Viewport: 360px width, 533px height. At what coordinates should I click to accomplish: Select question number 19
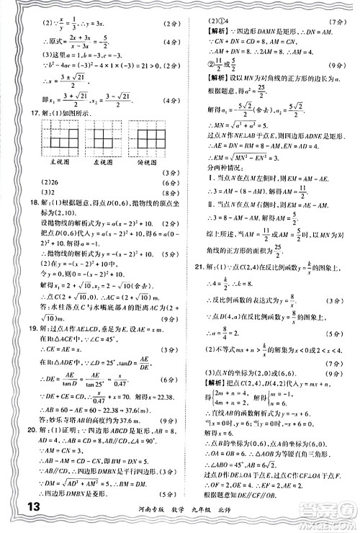point(29,346)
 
